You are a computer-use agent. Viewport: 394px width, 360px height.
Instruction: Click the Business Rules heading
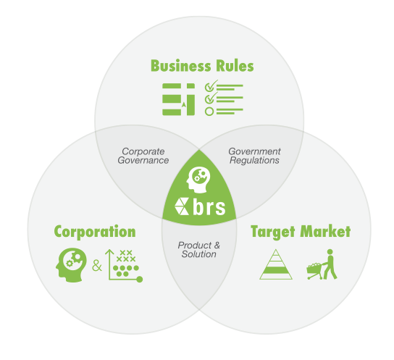pyautogui.click(x=202, y=66)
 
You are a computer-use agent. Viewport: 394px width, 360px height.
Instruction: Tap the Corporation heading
pyautogui.click(x=95, y=232)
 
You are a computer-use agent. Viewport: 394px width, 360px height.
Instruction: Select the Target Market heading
pyautogui.click(x=301, y=231)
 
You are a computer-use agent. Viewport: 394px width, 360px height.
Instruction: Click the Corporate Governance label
pyautogui.click(x=143, y=156)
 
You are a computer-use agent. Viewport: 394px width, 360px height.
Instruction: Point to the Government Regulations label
pyautogui.click(x=254, y=156)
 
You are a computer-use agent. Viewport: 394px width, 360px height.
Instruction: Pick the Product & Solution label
pyautogui.click(x=198, y=250)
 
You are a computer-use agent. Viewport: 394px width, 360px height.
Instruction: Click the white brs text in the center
pyautogui.click(x=209, y=206)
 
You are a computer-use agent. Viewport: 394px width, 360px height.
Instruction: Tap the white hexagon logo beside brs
pyautogui.click(x=181, y=206)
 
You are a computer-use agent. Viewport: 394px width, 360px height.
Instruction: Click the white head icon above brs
pyautogui.click(x=198, y=180)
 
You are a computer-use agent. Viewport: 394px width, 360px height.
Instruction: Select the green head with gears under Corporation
pyautogui.click(x=71, y=265)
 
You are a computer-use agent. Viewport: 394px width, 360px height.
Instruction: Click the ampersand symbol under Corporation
pyautogui.click(x=97, y=265)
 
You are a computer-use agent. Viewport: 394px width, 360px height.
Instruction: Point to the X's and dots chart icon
pyautogui.click(x=124, y=265)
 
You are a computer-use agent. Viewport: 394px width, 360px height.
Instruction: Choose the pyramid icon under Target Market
pyautogui.click(x=276, y=264)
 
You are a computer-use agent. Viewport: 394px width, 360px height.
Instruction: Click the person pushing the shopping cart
pyautogui.click(x=330, y=264)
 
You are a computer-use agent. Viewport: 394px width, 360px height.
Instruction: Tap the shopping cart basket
pyautogui.click(x=314, y=269)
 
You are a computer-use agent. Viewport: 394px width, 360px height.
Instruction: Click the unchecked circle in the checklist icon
pyautogui.click(x=209, y=111)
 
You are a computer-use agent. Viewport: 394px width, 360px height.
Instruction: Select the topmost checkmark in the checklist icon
pyautogui.click(x=211, y=86)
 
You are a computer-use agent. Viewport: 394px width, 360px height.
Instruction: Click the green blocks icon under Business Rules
pyautogui.click(x=178, y=99)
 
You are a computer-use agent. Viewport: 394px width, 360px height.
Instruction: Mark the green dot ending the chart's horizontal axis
pyautogui.click(x=140, y=279)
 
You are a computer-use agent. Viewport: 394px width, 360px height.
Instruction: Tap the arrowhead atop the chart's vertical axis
pyautogui.click(x=109, y=251)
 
